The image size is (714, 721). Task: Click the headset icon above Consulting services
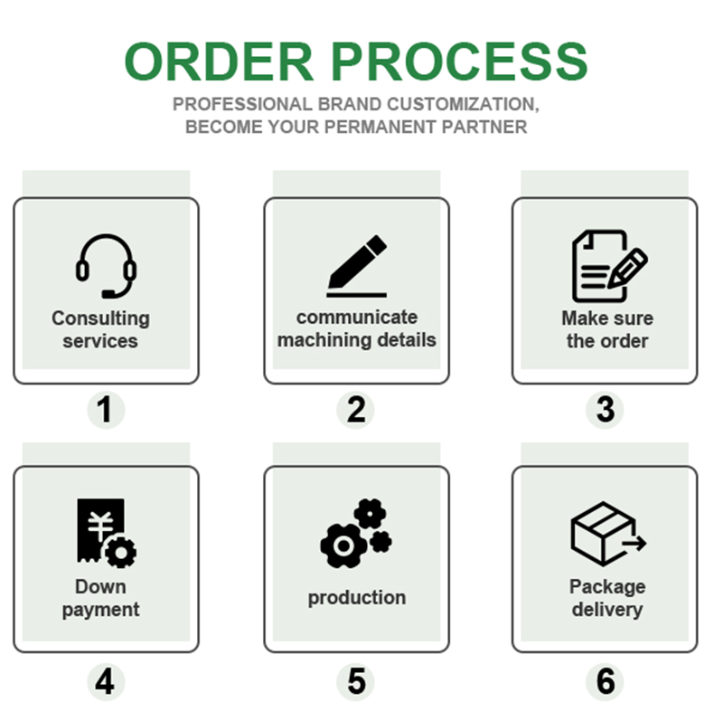pyautogui.click(x=106, y=266)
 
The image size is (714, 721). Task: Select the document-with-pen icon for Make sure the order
pyautogui.click(x=608, y=265)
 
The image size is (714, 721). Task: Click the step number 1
pyautogui.click(x=106, y=411)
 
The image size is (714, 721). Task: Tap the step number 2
pyautogui.click(x=356, y=411)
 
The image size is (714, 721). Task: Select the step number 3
pyautogui.click(x=606, y=411)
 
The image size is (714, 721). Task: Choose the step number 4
pyautogui.click(x=106, y=681)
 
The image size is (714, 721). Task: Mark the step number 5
pyautogui.click(x=356, y=681)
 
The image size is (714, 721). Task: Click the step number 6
pyautogui.click(x=606, y=681)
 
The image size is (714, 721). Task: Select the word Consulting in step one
pyautogui.click(x=100, y=318)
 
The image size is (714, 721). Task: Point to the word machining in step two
pyautogui.click(x=322, y=341)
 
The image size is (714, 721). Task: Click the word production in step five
pyautogui.click(x=356, y=598)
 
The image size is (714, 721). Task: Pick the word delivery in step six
pyautogui.click(x=606, y=610)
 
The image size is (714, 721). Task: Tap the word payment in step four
pyautogui.click(x=100, y=610)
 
